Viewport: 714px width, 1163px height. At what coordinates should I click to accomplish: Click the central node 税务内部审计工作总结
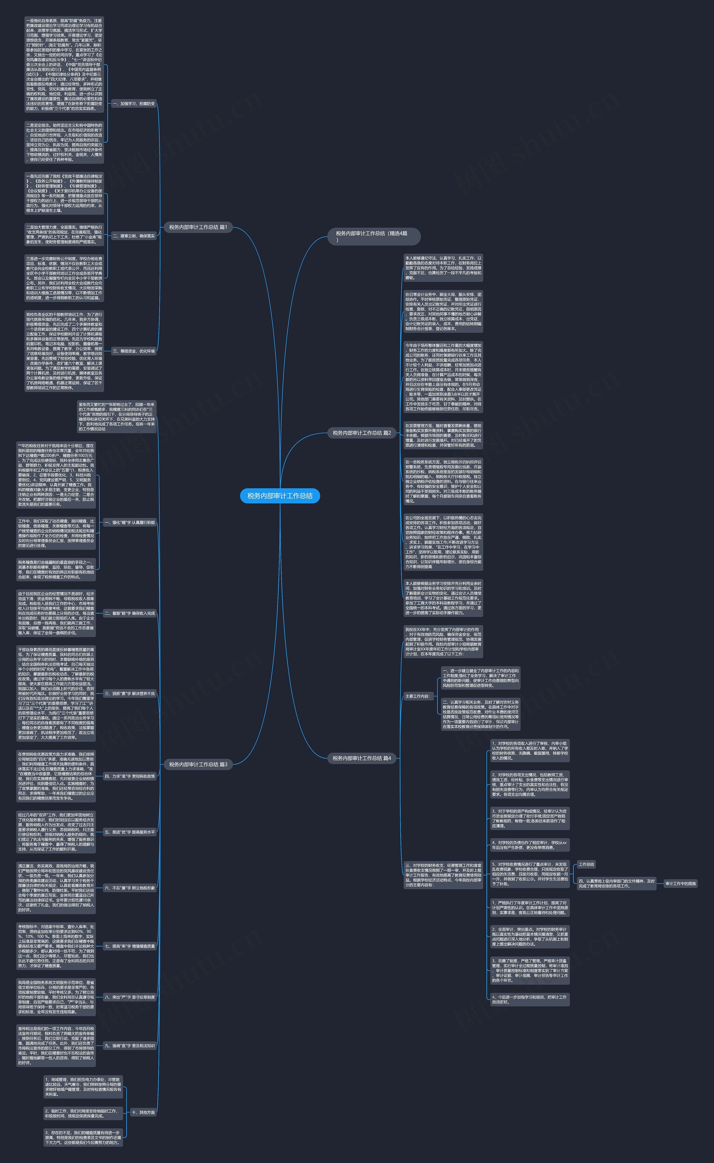pos(280,496)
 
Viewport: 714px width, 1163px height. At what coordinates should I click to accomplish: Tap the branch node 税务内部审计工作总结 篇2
pos(362,433)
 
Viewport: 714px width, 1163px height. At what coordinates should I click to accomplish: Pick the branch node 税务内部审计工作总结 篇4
pos(362,758)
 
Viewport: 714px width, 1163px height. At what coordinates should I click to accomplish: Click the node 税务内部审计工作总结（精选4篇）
pos(373,236)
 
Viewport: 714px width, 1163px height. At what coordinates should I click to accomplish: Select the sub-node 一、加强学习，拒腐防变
pos(134,104)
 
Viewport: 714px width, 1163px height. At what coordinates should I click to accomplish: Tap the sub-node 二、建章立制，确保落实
pos(134,236)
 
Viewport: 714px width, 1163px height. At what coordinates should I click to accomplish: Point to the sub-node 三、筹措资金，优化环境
pos(134,351)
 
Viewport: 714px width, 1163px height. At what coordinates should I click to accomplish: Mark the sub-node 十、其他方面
pos(143,1112)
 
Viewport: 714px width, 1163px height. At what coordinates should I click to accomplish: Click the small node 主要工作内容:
pos(418,696)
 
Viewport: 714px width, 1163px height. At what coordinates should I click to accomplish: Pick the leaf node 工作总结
pos(587,864)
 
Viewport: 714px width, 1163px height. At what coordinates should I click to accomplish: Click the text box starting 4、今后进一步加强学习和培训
pos(529,999)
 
